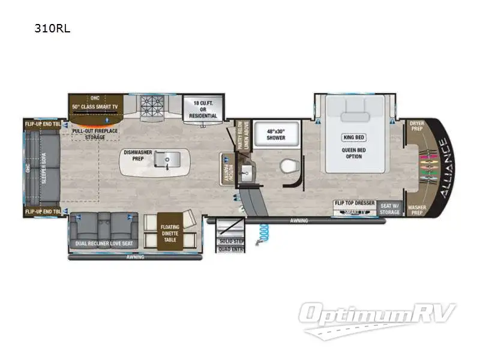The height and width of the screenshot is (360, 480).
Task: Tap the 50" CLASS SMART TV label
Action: point(95,106)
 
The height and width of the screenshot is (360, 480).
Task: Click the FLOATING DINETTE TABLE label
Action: point(170,234)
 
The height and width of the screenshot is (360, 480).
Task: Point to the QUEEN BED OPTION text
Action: point(353,153)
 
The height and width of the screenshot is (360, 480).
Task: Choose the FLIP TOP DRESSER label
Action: point(354,203)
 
